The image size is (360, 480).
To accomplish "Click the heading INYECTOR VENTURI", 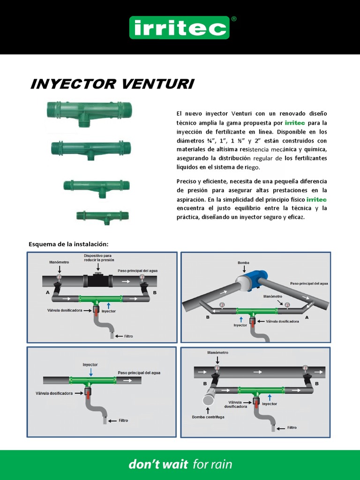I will [112, 84].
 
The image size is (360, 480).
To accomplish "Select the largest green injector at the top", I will [89, 111].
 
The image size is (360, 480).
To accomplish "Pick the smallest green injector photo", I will [102, 216].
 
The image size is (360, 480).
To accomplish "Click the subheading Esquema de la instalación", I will [68, 244].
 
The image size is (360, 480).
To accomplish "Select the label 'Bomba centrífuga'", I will [208, 417].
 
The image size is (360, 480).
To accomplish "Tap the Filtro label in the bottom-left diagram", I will [123, 420].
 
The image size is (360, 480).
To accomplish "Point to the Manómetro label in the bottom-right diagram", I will [217, 352].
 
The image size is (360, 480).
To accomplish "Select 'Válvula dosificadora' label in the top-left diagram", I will [65, 310].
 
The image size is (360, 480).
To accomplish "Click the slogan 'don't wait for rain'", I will [180, 465].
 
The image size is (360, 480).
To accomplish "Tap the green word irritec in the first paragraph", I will [295, 123].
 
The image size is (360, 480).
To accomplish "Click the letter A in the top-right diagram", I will [307, 317].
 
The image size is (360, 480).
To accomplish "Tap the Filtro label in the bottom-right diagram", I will [292, 427].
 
